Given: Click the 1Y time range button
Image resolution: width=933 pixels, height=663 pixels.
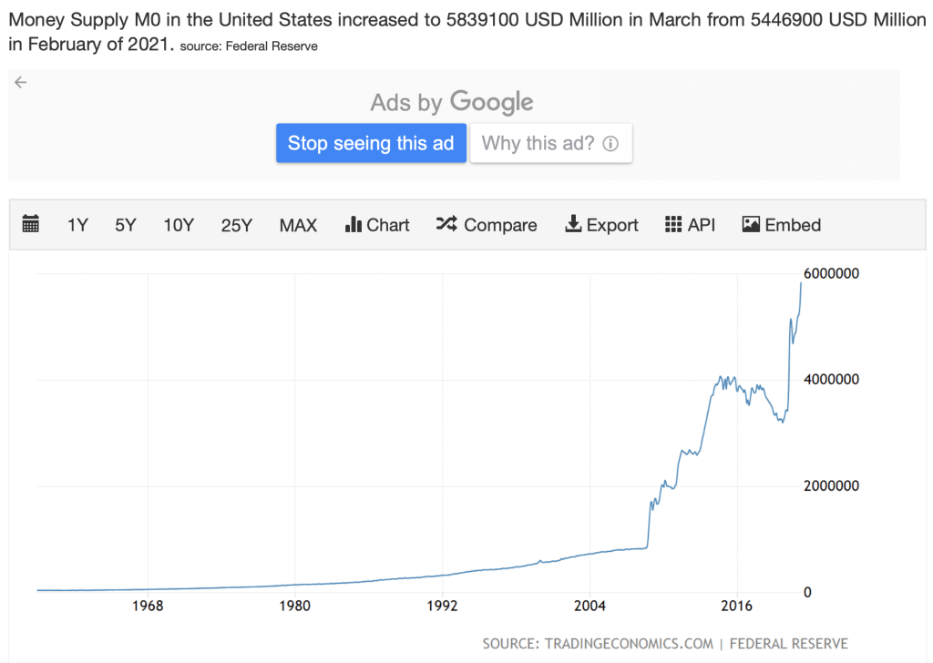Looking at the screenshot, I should [77, 225].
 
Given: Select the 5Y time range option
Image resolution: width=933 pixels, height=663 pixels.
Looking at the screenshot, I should [126, 225].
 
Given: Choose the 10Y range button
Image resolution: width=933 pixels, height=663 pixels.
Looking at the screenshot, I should [179, 225].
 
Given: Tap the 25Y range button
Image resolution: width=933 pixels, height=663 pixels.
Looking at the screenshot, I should [236, 225].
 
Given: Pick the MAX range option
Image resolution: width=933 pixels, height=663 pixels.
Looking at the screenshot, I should [298, 225].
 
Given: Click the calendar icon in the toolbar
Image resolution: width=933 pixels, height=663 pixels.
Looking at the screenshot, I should [31, 224].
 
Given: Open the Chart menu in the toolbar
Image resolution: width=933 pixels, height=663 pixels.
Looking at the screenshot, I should [377, 225].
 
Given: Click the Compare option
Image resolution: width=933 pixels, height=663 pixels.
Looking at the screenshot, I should [487, 225].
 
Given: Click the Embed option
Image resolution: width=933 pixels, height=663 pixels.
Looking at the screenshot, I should [782, 225].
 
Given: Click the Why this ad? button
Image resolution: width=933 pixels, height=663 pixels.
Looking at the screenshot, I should [550, 143].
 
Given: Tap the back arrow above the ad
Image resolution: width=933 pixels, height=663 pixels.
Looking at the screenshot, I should [21, 82].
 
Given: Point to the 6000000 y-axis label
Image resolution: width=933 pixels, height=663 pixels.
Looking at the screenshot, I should [831, 273].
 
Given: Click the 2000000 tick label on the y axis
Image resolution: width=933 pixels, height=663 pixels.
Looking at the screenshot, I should [831, 486].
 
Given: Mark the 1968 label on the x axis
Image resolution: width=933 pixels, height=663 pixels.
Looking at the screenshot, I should [148, 606].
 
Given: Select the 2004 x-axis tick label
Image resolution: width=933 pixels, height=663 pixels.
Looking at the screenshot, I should [590, 606].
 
